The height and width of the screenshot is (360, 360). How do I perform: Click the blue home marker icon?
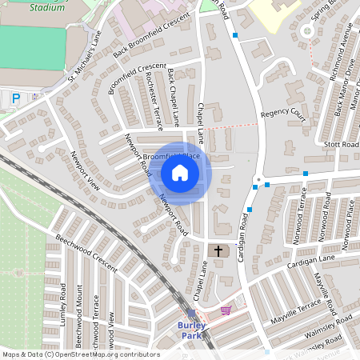180,173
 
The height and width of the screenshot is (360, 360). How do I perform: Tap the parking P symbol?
16,98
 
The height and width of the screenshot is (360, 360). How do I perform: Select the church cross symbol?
218,251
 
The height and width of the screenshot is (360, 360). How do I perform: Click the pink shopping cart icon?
226,310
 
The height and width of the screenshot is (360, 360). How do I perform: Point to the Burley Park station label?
191,330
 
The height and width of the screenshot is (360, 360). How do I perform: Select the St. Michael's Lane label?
85,58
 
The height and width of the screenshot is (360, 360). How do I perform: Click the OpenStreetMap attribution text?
80,354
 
